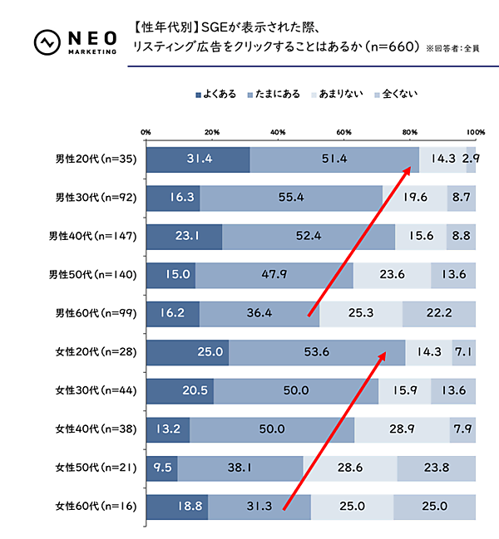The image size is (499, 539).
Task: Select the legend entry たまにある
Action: tap(276, 96)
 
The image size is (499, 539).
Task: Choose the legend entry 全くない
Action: tap(393, 96)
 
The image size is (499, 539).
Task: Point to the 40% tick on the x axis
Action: tap(278, 132)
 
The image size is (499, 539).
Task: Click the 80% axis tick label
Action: tap(409, 132)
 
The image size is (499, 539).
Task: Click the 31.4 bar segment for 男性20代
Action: tap(198, 159)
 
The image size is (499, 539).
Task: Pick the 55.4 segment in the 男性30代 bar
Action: tap(291, 198)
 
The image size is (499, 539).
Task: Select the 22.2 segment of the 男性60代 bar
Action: tap(439, 313)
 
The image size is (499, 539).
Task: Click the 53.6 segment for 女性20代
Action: tap(316, 352)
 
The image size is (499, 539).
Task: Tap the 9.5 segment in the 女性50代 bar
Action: tap(161, 468)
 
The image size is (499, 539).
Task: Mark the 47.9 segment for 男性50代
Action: tap(274, 275)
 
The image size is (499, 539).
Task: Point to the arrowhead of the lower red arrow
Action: tap(383, 355)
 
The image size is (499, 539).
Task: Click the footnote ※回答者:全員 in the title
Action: tap(458, 48)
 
